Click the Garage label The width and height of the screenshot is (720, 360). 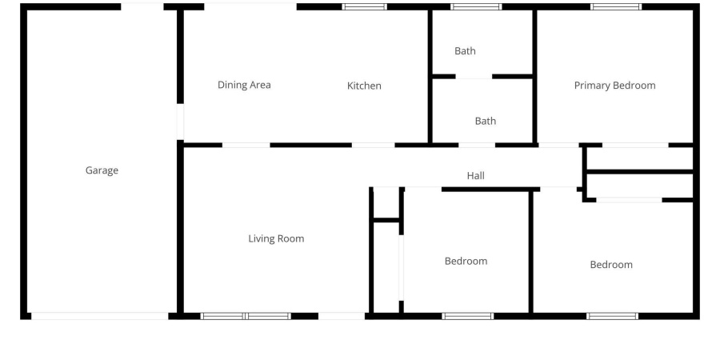coord(102,170)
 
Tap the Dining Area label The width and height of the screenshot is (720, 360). coord(244,85)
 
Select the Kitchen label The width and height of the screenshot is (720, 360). coord(364,86)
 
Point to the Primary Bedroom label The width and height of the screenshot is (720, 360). coord(615,86)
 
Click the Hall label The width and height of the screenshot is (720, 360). coord(476,175)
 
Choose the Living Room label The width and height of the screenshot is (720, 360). coord(276,238)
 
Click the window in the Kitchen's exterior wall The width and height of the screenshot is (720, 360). coord(365,7)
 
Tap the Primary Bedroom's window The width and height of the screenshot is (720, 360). coord(615,7)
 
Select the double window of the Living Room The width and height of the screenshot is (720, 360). coord(246,316)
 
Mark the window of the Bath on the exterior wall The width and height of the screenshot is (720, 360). coord(476,7)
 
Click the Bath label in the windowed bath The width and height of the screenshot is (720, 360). coord(465,51)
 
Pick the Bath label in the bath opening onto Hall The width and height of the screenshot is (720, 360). coord(486,122)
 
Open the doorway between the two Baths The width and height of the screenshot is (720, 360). coord(474,77)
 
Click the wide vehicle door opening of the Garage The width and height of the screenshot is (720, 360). coord(100,316)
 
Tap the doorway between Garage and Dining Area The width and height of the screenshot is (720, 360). coord(180,122)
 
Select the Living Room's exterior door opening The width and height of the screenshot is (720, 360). coord(342,316)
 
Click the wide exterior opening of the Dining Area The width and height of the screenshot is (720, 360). coord(250,7)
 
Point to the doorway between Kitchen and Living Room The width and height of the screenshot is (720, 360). coord(374,145)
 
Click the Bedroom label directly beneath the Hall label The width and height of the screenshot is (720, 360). coord(466,262)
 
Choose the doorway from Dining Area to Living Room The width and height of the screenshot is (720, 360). coord(246,145)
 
